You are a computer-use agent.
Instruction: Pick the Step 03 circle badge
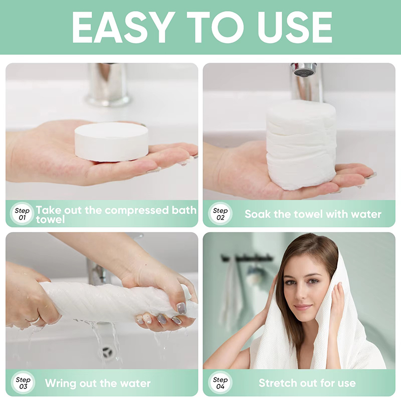click(x=23, y=383)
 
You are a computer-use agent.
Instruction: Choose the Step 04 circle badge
click(x=220, y=383)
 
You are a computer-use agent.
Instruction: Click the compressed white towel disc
click(x=111, y=142)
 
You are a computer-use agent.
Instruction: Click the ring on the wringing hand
click(x=34, y=319)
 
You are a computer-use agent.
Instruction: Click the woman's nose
click(x=302, y=294)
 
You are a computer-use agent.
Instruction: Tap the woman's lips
click(x=302, y=306)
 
